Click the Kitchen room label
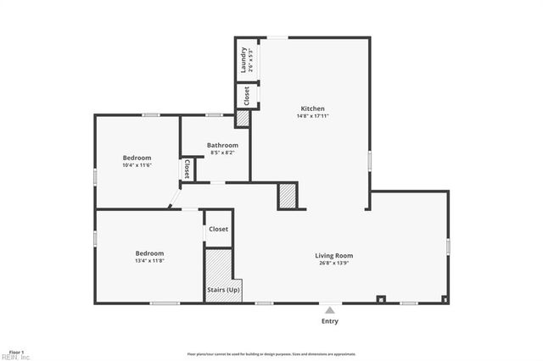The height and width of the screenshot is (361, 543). (x=313, y=108)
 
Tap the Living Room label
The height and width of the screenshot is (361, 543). (x=333, y=255)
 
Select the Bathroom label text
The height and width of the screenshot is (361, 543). (x=222, y=146)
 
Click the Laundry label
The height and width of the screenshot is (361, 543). (x=244, y=59)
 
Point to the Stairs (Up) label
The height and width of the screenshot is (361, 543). (x=223, y=291)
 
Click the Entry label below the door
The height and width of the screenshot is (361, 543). (x=329, y=321)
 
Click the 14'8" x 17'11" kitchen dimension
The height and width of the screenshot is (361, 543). (x=313, y=116)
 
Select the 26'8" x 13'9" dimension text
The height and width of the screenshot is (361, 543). (x=333, y=263)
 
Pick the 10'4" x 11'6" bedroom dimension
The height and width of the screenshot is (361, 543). (x=137, y=165)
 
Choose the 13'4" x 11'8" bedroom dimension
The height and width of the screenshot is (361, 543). (x=149, y=261)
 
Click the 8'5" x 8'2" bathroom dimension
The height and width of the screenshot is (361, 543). (x=222, y=153)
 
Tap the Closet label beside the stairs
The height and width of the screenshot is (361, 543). (x=219, y=229)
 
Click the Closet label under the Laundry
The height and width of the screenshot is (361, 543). (x=246, y=96)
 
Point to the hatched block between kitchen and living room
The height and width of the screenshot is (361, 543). (x=287, y=196)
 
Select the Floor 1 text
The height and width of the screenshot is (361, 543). (x=16, y=351)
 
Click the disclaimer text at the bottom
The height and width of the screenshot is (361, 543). (x=271, y=354)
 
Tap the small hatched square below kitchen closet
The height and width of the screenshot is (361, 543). (x=242, y=119)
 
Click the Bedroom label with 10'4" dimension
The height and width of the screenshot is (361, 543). (x=137, y=158)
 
